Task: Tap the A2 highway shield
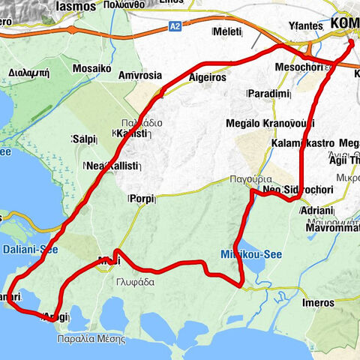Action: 175,25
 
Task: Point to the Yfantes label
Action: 305,25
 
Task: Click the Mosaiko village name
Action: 92,68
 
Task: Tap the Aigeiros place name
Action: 208,78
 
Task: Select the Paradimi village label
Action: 268,94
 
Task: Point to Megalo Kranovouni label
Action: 269,123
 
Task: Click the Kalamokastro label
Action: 303,142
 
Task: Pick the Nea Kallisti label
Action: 112,165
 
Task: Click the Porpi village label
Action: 142,199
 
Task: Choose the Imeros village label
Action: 318,302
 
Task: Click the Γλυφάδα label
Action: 136,282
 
